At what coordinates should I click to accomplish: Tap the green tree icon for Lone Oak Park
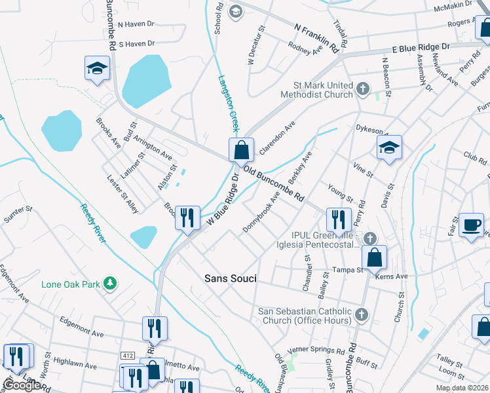pos(112,283)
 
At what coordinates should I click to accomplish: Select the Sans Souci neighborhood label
pos(230,278)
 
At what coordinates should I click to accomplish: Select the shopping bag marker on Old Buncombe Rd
pos(241,150)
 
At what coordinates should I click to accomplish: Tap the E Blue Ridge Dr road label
pos(421,48)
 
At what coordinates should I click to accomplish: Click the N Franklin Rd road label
pos(319,39)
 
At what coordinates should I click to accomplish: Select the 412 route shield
pos(128,354)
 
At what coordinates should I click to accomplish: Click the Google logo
pos(22,385)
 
